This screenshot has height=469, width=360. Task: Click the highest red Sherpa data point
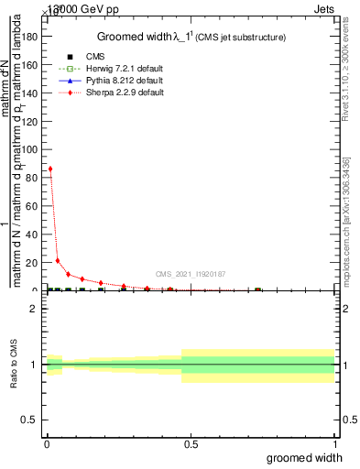50,169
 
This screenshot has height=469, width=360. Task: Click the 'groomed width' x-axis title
305,457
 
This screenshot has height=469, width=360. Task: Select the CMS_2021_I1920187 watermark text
190,274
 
